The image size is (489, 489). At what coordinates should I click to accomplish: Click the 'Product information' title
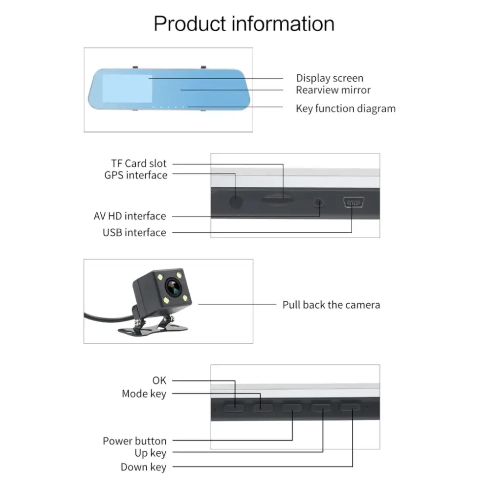pos(244,23)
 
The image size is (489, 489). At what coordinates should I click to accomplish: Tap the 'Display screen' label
pos(330,78)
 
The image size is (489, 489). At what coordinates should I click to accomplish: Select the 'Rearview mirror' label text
pos(333,90)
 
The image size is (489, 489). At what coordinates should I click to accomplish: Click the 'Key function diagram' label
pos(345,109)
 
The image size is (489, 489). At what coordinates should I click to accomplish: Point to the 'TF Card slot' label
pos(138,163)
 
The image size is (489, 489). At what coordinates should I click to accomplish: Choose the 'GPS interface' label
pos(135,175)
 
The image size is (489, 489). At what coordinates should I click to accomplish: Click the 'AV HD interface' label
pos(130,216)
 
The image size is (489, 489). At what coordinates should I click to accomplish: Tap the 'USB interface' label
pos(134,233)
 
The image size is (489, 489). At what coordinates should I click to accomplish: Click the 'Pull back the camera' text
pos(331,305)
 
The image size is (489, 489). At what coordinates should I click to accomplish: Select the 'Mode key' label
pos(144,394)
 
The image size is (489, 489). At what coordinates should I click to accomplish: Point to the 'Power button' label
pos(134,441)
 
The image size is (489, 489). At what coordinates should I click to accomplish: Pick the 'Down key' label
pos(143,467)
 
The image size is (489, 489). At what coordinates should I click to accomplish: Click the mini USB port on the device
pos(352,201)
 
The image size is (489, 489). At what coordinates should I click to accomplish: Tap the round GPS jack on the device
pos(236,201)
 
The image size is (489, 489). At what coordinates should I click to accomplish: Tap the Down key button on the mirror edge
pos(350,407)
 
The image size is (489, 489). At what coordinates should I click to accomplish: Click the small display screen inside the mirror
pos(126,88)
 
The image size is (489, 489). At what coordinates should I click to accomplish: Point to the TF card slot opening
pos(277,199)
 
